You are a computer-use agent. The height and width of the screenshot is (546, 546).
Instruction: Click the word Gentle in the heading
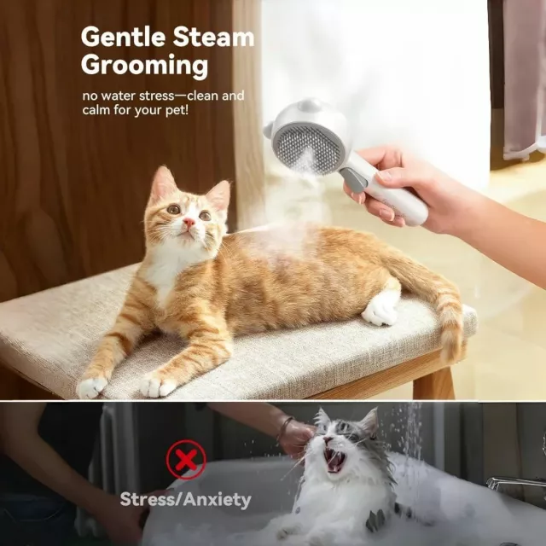click(x=124, y=37)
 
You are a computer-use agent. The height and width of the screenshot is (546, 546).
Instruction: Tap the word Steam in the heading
click(x=214, y=37)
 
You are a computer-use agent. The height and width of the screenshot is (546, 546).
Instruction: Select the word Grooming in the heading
click(x=144, y=65)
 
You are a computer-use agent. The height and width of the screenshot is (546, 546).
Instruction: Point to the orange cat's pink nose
click(x=189, y=222)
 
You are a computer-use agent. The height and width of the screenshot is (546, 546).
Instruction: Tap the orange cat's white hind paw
click(x=380, y=309)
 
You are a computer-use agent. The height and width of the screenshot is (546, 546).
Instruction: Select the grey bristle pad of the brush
click(x=307, y=149)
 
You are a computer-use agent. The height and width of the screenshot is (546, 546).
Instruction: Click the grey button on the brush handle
click(x=353, y=179)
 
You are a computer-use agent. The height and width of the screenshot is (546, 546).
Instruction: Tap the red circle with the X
click(x=186, y=460)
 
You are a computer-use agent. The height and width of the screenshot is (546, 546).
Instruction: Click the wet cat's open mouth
click(x=334, y=460)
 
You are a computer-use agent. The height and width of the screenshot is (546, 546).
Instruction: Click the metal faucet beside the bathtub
click(x=515, y=484)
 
